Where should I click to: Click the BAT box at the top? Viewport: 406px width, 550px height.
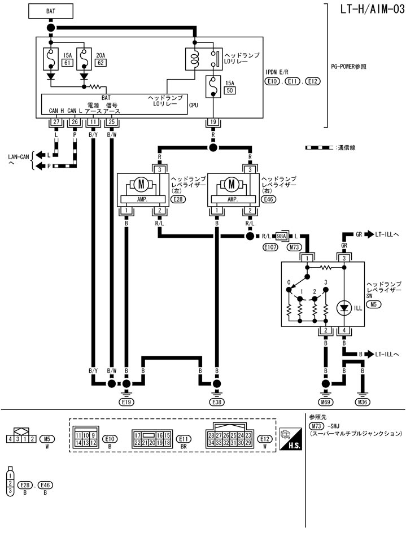click(51, 10)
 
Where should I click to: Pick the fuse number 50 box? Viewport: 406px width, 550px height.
click(230, 90)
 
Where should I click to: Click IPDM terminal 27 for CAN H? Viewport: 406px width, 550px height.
click(56, 121)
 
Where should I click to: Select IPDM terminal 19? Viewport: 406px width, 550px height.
click(213, 121)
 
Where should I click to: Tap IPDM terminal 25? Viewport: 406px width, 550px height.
click(112, 121)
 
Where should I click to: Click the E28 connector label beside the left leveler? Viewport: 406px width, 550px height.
click(179, 199)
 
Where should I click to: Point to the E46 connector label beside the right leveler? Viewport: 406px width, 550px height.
click(269, 199)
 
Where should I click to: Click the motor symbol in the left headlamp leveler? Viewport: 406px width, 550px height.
click(138, 184)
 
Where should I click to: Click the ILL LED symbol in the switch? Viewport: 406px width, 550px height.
click(343, 308)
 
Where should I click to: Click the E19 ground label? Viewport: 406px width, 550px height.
click(126, 402)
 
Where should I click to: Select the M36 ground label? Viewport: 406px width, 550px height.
click(363, 402)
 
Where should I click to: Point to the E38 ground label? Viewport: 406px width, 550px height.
click(216, 402)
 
